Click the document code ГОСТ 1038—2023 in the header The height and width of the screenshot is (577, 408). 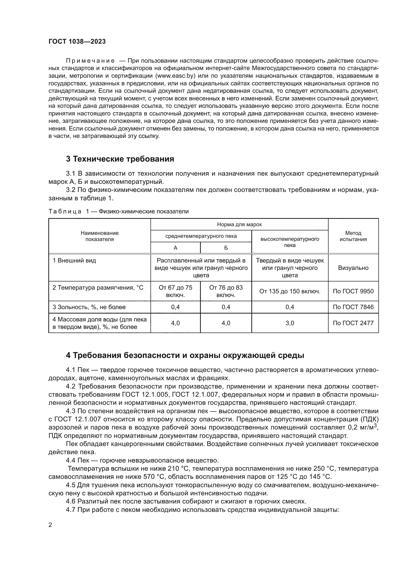click(x=77, y=42)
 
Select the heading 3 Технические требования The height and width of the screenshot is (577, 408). click(x=120, y=159)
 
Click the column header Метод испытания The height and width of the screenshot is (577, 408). click(x=353, y=236)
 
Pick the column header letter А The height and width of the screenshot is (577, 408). click(x=175, y=248)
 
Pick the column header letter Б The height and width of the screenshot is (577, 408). click(x=226, y=248)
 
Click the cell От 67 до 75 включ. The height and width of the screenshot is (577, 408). click(x=175, y=291)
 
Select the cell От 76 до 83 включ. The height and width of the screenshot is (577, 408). click(x=226, y=291)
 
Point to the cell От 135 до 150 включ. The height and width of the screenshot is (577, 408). click(x=290, y=291)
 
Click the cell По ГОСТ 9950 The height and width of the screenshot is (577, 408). click(x=353, y=291)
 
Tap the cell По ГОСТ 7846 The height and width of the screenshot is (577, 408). click(x=353, y=307)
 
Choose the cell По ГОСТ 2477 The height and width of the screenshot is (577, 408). click(x=353, y=323)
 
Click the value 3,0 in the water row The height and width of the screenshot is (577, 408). click(x=290, y=323)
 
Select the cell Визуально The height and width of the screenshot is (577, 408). click(x=353, y=268)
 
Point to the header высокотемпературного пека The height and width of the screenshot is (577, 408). click(x=290, y=242)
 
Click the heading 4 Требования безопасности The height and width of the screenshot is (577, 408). click(x=185, y=355)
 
